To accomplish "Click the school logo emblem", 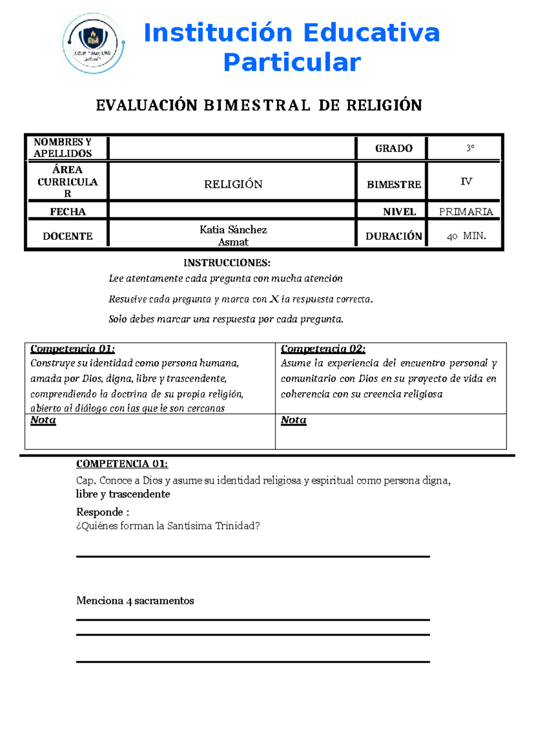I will tap(93, 44).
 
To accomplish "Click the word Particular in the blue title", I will tap(291, 62).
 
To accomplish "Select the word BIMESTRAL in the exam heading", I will tap(257, 106).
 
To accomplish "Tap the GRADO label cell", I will tap(393, 148).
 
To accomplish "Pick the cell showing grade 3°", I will tap(470, 148).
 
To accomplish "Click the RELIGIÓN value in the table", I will tap(233, 184).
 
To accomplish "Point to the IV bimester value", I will tap(466, 181).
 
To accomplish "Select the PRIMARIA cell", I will tap(466, 212).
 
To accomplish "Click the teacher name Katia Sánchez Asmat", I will tap(233, 236).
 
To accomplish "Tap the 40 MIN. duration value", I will tap(466, 236).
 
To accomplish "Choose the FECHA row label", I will tap(68, 212).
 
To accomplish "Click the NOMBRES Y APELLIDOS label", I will tap(63, 148).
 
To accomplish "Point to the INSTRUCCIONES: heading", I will tap(227, 263).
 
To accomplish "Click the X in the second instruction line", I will tap(274, 299).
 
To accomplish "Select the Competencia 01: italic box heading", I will tap(73, 349).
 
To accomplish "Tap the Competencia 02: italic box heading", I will tap(323, 349).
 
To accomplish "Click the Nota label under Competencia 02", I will tap(294, 420).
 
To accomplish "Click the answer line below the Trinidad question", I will tap(253, 556).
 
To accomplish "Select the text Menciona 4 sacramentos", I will tap(135, 601).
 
